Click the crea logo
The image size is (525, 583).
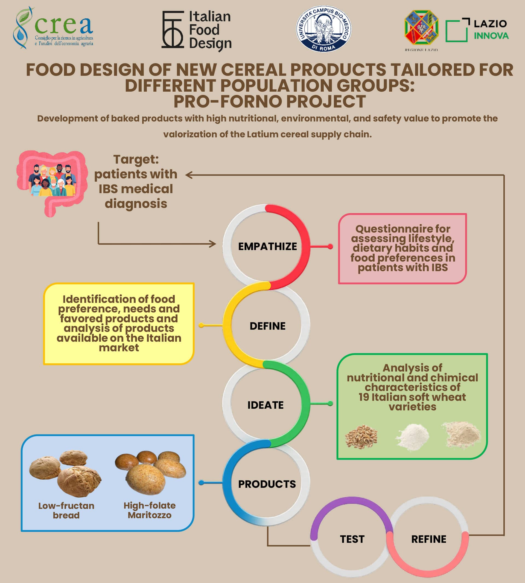(53, 28)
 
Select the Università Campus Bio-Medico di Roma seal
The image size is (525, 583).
(324, 29)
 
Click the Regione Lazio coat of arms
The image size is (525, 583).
(421, 28)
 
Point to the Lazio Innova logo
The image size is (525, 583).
(477, 30)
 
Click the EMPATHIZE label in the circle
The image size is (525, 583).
(267, 246)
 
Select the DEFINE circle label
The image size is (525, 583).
(267, 326)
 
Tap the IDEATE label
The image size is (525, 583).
(266, 405)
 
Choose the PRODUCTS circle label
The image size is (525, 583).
(267, 484)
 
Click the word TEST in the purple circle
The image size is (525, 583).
(352, 539)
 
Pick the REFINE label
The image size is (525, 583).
(429, 539)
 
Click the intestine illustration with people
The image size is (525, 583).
(52, 183)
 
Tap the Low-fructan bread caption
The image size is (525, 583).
(66, 510)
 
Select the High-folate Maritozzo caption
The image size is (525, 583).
(149, 510)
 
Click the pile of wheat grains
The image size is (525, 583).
(361, 437)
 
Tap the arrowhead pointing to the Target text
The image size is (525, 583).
(189, 175)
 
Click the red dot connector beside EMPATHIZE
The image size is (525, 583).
(330, 246)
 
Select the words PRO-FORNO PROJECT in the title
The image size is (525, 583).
(269, 101)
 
